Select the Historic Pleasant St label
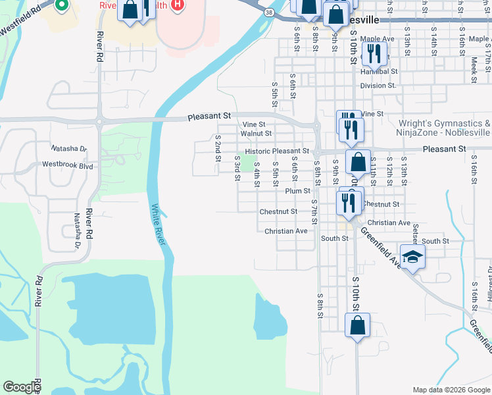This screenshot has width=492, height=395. (x=273, y=151)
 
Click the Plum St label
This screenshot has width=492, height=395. (x=298, y=191)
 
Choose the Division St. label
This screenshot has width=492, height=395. (x=378, y=85)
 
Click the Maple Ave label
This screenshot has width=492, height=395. (x=377, y=39)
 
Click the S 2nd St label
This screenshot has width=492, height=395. (x=218, y=148)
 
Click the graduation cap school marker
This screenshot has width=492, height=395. (x=412, y=257)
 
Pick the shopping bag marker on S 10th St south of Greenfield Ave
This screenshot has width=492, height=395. (x=357, y=325)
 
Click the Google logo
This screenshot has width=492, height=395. (x=22, y=387)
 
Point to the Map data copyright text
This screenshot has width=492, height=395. (x=451, y=390)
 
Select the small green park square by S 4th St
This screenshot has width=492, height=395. (x=247, y=162)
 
